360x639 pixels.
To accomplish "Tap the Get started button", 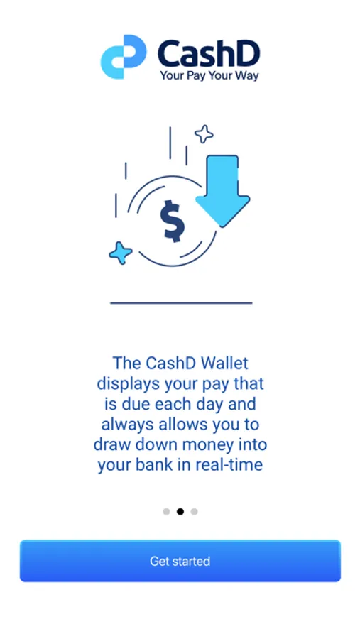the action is pyautogui.click(x=180, y=561).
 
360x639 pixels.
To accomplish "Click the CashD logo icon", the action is pyautogui.click(x=124, y=57).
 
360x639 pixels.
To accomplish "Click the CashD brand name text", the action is pyautogui.click(x=209, y=54).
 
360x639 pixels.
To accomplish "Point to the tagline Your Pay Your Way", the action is pyautogui.click(x=209, y=75).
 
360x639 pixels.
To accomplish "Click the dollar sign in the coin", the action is pyautogui.click(x=172, y=221).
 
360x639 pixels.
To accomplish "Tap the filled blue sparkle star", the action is pyautogui.click(x=121, y=253).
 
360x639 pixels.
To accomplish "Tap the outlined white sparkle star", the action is pyautogui.click(x=204, y=134).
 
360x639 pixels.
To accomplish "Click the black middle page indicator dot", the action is pyautogui.click(x=180, y=511).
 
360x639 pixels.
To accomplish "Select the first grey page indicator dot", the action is pyautogui.click(x=166, y=511).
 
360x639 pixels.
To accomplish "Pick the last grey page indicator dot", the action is pyautogui.click(x=194, y=511).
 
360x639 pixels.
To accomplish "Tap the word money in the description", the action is pyautogui.click(x=208, y=445).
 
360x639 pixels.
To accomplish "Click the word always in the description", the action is pyautogui.click(x=125, y=425).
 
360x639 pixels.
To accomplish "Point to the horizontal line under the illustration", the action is pyautogui.click(x=181, y=303).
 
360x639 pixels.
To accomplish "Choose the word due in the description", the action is pyautogui.click(x=136, y=404).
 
